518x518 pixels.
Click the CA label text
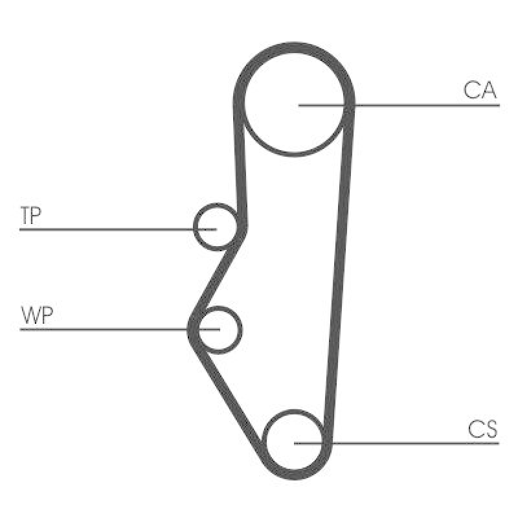480,90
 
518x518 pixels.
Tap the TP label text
30,216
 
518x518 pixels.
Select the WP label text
37,315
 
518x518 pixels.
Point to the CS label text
482,429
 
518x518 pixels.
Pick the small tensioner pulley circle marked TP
216,205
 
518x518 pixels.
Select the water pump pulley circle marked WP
241,330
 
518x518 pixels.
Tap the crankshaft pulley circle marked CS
294,411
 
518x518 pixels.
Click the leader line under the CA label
399,106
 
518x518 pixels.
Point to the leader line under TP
118,229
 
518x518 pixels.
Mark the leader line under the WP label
120,330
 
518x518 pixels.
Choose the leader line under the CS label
396,443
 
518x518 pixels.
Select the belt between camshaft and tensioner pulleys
240,165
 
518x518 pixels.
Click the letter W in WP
30,315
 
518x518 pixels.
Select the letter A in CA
488,90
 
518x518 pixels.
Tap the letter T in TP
26,216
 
